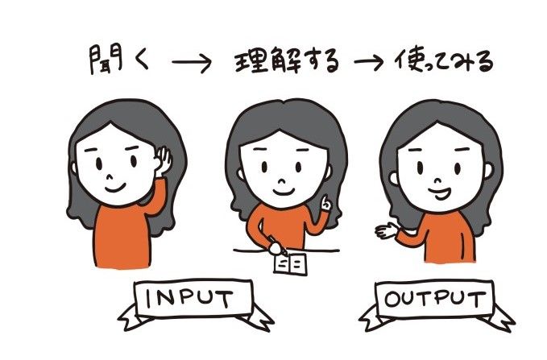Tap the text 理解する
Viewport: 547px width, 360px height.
pyautogui.click(x=287, y=60)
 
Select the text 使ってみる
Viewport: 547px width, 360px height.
pyautogui.click(x=444, y=61)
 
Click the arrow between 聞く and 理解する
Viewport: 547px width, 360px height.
pyautogui.click(x=192, y=62)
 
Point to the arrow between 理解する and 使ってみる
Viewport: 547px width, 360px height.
pyautogui.click(x=369, y=62)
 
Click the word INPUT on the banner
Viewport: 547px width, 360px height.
pyautogui.click(x=189, y=299)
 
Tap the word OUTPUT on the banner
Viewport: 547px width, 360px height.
pyautogui.click(x=435, y=299)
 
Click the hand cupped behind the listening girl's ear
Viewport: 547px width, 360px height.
pyautogui.click(x=164, y=161)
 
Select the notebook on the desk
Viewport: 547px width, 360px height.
pyautogui.click(x=290, y=263)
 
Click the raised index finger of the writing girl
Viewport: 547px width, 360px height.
pyautogui.click(x=325, y=201)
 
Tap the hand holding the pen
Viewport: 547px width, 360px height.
pyautogui.click(x=276, y=248)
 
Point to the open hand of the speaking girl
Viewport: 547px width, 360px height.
pyautogui.click(x=387, y=230)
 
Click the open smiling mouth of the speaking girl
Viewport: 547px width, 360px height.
pyautogui.click(x=440, y=193)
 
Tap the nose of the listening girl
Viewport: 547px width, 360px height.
pyautogui.click(x=110, y=177)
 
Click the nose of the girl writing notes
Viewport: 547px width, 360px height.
pyautogui.click(x=282, y=181)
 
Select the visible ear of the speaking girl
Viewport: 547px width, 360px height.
pyautogui.click(x=393, y=178)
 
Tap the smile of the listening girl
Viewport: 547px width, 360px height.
pyautogui.click(x=115, y=188)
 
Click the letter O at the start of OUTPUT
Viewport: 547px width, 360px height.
pyautogui.click(x=392, y=300)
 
